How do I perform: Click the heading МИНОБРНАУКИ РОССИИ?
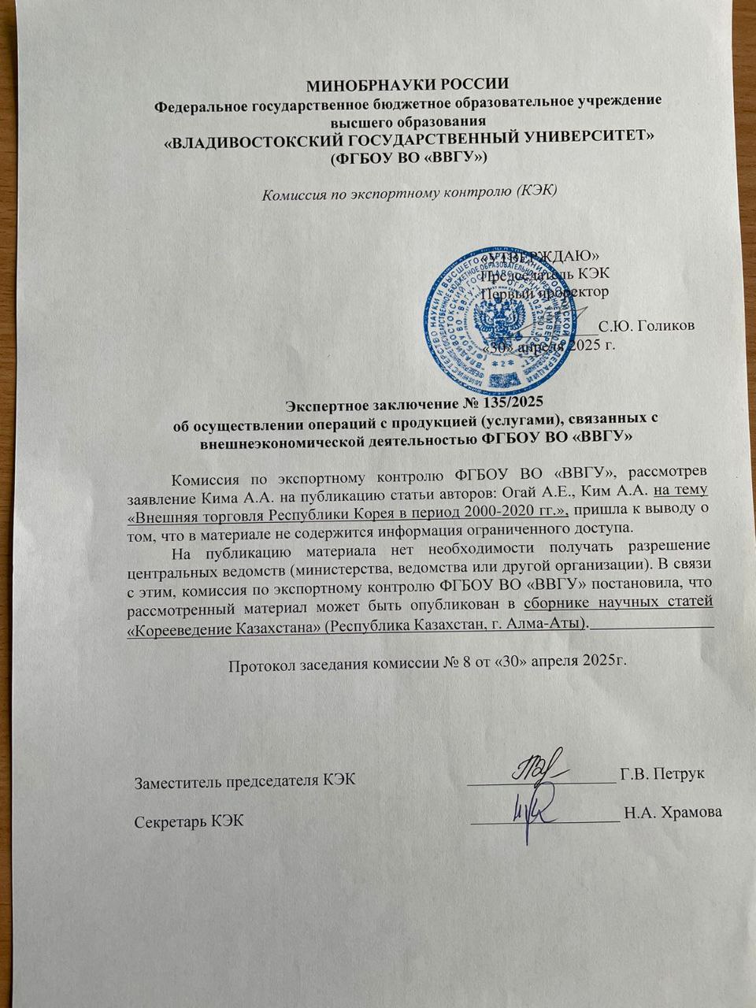click(409, 84)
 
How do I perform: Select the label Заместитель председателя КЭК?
click(245, 781)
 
